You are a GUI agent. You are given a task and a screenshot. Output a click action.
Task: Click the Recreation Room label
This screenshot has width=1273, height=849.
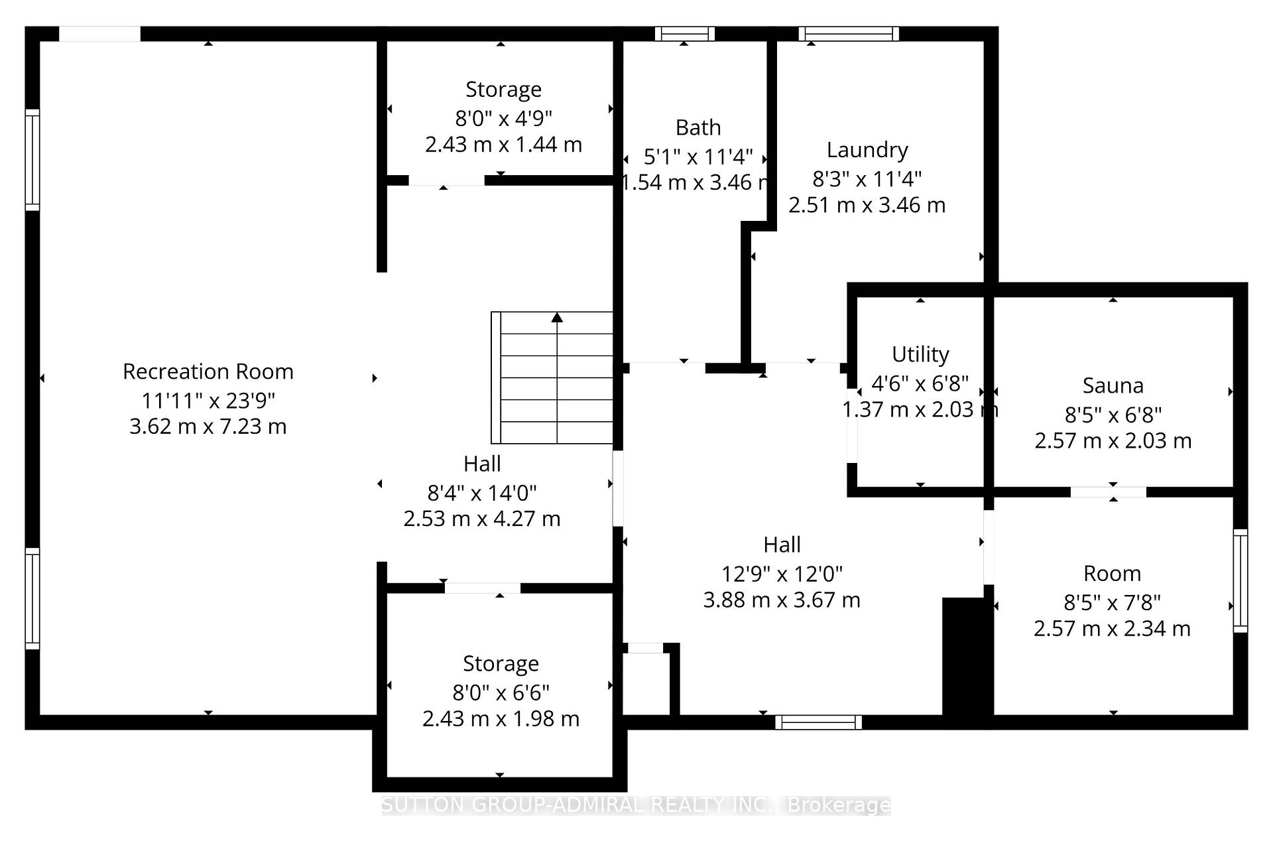pyautogui.click(x=208, y=371)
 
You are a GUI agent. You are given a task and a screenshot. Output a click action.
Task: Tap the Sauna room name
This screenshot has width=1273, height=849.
pyautogui.click(x=1113, y=385)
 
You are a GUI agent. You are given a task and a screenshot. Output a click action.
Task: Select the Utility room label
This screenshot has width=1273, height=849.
pyautogui.click(x=920, y=354)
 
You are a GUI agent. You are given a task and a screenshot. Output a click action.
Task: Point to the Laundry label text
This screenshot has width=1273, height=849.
pyautogui.click(x=867, y=150)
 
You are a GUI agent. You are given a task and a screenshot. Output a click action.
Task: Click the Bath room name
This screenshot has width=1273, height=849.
pyautogui.click(x=697, y=127)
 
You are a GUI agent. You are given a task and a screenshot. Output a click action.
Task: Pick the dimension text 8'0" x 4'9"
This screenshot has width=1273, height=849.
pyautogui.click(x=503, y=118)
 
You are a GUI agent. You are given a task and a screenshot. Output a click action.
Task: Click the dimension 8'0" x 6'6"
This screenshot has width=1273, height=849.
pyautogui.click(x=501, y=692)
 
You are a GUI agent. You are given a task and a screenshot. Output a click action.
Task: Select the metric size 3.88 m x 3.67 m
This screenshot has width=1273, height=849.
pyautogui.click(x=781, y=600)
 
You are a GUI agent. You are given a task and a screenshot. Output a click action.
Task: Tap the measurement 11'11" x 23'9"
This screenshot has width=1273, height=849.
pyautogui.click(x=208, y=401)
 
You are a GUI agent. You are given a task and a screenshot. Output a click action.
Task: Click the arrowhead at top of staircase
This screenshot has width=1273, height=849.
pyautogui.click(x=557, y=318)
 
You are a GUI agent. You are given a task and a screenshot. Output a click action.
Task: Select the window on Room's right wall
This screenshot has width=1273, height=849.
pyautogui.click(x=1240, y=581)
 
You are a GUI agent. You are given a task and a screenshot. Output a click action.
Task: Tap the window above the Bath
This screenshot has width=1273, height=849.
pyautogui.click(x=684, y=34)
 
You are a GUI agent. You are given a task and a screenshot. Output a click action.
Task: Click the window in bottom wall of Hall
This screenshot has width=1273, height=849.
pyautogui.click(x=818, y=722)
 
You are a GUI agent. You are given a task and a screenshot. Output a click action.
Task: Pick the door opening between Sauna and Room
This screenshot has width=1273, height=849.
pyautogui.click(x=1108, y=492)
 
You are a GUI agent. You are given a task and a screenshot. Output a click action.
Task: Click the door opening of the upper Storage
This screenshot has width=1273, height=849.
pyautogui.click(x=446, y=180)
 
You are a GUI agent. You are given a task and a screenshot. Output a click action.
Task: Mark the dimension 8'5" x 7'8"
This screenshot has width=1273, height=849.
pyautogui.click(x=1112, y=602)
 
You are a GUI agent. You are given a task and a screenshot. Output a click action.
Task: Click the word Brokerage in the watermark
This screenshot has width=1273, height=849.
pyautogui.click(x=839, y=805)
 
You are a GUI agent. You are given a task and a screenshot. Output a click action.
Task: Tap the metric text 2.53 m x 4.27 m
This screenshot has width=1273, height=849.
pyautogui.click(x=481, y=519)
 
